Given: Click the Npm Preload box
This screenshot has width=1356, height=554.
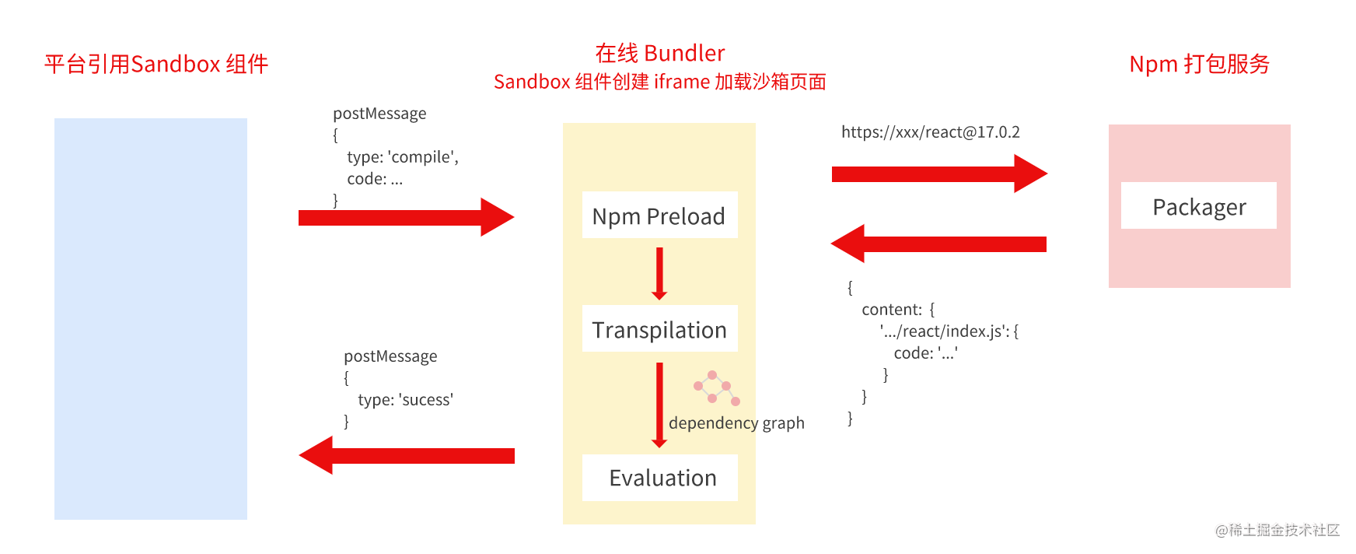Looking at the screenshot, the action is coord(659,215).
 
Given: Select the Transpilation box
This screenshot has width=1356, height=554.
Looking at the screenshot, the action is coord(659,328).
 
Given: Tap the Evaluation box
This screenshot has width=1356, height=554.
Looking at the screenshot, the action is coord(659,478).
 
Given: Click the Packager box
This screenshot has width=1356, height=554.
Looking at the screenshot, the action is coord(1198,205).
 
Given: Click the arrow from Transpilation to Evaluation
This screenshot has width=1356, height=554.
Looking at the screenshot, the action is coord(659,405).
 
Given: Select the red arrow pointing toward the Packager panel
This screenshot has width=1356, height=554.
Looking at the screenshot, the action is coord(939,174).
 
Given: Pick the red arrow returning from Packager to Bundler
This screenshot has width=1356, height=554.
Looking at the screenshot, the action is coord(938,244).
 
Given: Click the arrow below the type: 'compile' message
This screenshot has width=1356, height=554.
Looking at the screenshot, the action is coord(406,217).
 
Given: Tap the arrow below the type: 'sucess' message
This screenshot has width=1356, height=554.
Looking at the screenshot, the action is coord(407,455).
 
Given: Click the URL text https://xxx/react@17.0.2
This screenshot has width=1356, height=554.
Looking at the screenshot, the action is coord(931,132).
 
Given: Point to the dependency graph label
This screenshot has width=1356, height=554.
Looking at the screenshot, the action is coord(736,423).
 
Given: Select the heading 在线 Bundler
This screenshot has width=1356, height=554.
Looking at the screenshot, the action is coord(660,53).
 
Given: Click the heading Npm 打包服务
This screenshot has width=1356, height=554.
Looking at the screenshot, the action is coord(1199,64).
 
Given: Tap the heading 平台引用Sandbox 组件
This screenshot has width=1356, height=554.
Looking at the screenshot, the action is coord(156,64).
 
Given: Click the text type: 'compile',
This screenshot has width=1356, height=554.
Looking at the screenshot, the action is coord(403,157).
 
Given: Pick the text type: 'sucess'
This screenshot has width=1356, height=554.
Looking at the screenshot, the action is coord(406,400).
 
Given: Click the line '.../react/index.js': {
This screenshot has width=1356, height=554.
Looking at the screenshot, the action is coord(949,331).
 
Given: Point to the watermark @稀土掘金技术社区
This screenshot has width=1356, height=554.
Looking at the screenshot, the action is coord(1277,530).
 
